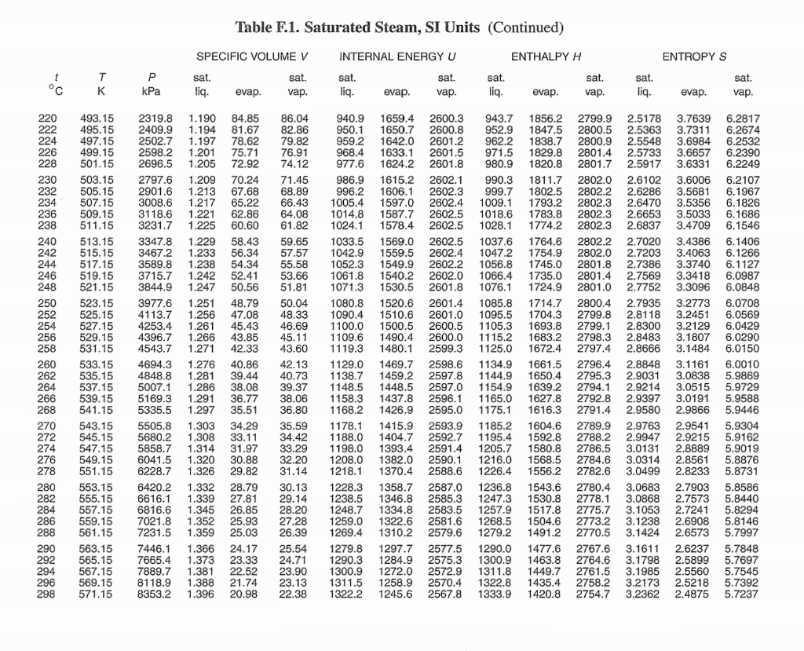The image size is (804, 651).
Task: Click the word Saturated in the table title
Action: coord(343,28)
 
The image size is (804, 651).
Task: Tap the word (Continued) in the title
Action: coord(526,28)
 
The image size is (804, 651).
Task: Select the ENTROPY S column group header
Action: coord(694,57)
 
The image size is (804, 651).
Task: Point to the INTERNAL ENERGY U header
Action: coord(397,57)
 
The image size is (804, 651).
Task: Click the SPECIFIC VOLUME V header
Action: coord(247,57)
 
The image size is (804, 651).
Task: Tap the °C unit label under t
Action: coord(51,92)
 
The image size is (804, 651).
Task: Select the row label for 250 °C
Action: coord(47,302)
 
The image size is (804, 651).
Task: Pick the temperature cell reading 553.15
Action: coord(97,488)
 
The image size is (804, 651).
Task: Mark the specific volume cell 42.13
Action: coord(294,364)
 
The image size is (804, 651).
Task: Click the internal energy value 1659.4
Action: coord(397,118)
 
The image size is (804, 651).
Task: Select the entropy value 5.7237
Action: coord(742,594)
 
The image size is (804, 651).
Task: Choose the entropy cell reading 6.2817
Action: coord(742,118)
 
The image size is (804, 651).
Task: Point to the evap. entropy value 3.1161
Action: coord(693,364)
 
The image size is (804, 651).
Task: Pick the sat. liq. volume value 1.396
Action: coord(203,594)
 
